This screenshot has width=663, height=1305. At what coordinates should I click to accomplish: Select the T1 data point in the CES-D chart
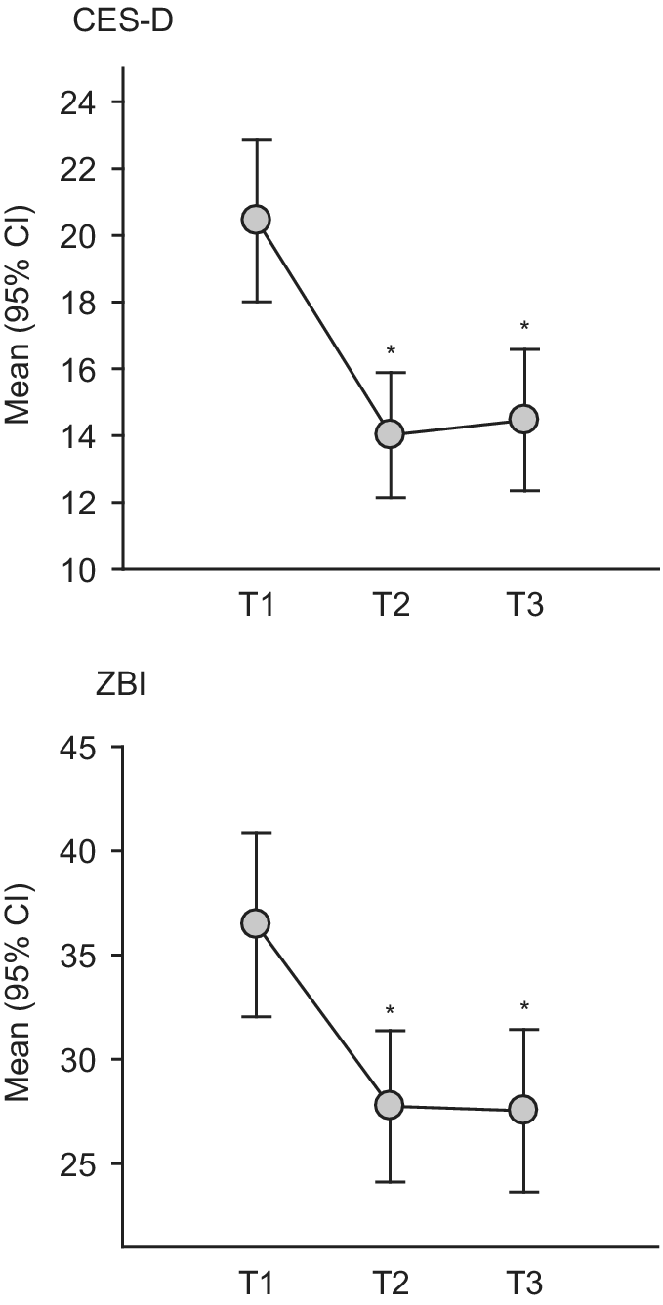256,220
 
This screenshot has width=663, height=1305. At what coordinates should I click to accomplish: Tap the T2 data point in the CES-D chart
390,434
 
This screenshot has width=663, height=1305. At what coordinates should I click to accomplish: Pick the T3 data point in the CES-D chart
524,419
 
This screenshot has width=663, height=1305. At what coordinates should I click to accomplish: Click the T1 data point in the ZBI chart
256,922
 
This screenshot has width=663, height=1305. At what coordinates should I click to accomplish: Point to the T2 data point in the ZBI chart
390,1105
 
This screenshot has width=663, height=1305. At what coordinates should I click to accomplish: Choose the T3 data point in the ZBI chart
524,1110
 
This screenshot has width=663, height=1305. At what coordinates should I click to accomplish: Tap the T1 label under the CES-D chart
256,607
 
